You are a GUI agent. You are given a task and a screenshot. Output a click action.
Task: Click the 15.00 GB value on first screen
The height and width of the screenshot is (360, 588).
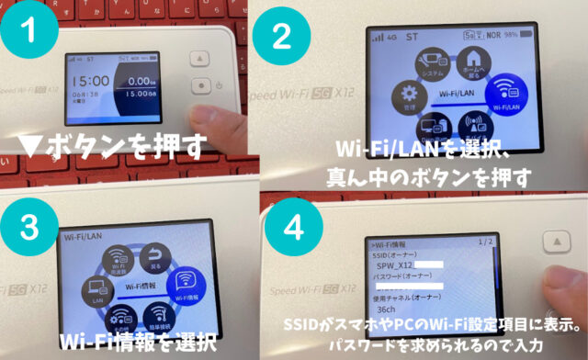(140, 94)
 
